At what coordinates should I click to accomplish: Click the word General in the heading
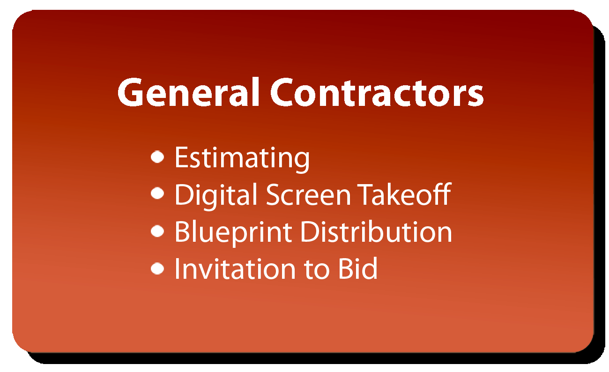tap(188, 92)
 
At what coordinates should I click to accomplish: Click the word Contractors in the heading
tap(377, 92)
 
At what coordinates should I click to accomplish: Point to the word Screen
tap(308, 195)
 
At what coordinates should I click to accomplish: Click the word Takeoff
tap(404, 194)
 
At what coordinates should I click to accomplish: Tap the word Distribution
tap(376, 232)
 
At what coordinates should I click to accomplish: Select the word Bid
tap(358, 268)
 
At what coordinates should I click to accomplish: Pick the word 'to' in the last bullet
tap(317, 270)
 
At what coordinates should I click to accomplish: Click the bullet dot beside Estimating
tap(157, 157)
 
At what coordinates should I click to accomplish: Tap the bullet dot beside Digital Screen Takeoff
tap(157, 193)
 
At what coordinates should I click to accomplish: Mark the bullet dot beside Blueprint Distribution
tap(157, 231)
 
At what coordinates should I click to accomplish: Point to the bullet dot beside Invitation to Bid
tap(157, 268)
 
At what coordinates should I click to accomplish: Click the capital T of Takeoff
tap(366, 194)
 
